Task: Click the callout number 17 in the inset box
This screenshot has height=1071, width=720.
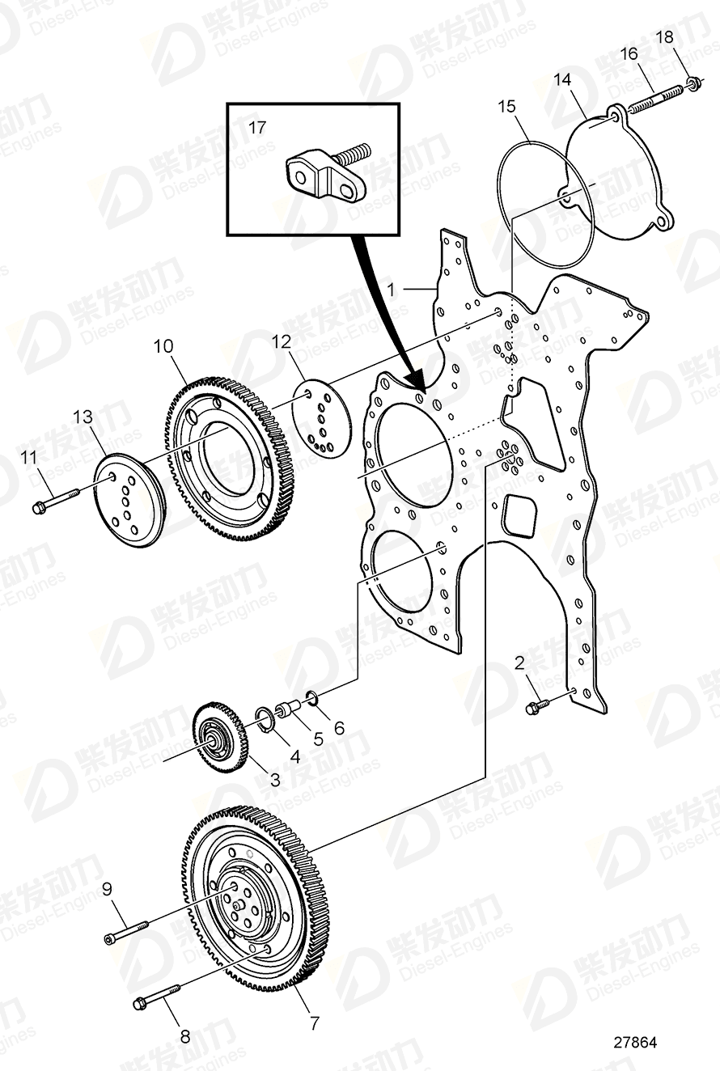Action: (x=256, y=127)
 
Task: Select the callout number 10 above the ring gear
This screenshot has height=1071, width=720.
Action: (x=163, y=347)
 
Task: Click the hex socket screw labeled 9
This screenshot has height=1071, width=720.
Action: (x=128, y=930)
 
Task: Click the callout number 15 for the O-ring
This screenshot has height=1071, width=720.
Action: (x=506, y=106)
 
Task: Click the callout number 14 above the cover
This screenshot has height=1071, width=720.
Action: (x=562, y=79)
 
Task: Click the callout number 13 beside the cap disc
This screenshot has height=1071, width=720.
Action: (x=83, y=417)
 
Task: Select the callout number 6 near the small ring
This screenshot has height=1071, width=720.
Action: (x=339, y=727)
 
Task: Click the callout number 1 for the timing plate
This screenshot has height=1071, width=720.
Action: (x=390, y=288)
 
